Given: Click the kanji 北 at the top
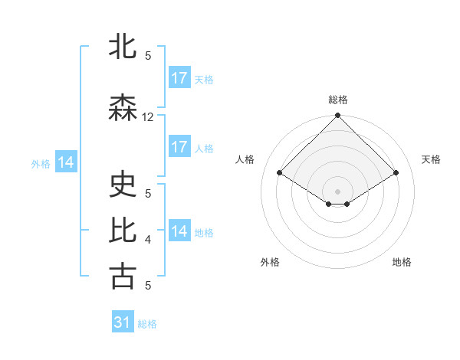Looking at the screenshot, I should [123, 47].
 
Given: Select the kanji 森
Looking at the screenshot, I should [123, 109].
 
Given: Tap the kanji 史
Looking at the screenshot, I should [123, 185].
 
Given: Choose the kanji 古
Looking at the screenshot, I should [123, 277].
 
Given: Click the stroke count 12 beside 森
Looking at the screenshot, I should [148, 117].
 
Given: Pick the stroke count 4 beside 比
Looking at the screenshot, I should [148, 240].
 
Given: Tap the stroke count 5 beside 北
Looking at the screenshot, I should [148, 55].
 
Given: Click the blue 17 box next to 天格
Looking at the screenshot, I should [179, 78].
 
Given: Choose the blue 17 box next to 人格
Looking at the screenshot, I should [179, 147].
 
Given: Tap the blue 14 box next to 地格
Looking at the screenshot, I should [179, 231].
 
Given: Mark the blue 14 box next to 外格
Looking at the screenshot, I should [66, 162].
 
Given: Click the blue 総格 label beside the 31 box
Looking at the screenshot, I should [147, 324].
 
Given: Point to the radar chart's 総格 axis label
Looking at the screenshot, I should [338, 100].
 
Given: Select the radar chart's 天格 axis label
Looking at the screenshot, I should [431, 159].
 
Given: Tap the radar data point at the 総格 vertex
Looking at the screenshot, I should [338, 116].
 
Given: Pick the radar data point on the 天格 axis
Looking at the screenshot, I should [396, 172].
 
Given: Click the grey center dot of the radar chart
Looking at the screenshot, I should [338, 191].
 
